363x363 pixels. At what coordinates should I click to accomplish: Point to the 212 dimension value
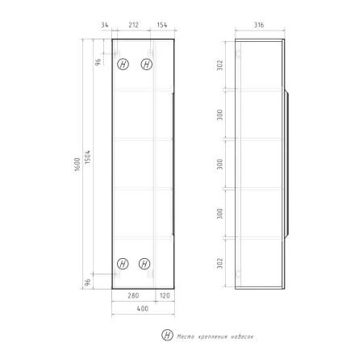132,26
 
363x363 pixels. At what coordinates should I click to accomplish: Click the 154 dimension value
161,26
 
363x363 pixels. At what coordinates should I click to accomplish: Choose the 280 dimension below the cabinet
134,294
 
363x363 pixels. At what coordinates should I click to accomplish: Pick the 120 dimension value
165,294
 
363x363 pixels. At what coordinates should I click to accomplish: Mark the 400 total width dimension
142,309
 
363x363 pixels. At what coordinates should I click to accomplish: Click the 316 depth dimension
259,26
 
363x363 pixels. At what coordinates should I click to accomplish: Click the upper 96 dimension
98,63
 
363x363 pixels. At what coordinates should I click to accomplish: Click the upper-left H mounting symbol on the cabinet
123,64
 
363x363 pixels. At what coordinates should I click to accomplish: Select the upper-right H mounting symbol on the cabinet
147,64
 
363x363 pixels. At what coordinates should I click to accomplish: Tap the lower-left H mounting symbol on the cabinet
123,262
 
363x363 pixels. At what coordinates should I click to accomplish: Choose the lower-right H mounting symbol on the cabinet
145,262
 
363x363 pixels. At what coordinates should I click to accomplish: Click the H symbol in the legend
167,335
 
